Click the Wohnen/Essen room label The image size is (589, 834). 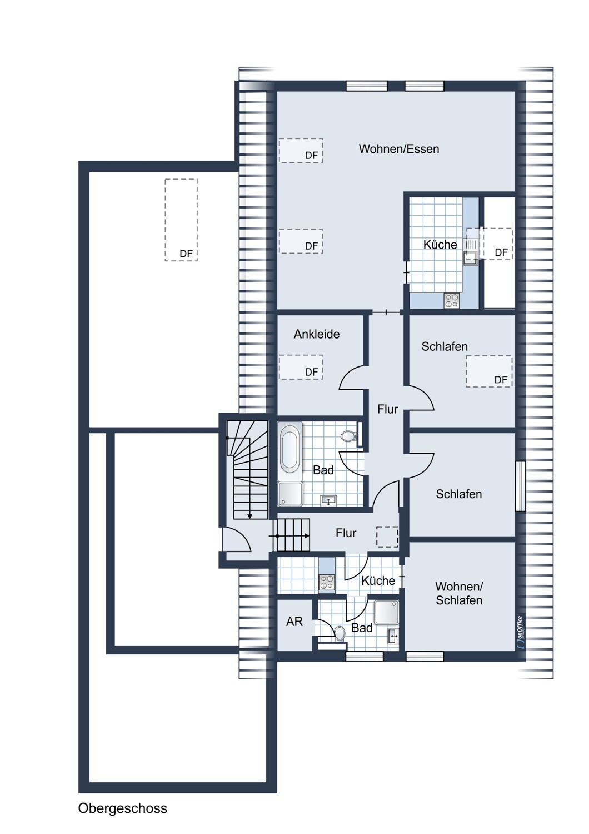pyautogui.click(x=398, y=149)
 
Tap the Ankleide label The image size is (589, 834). pyautogui.click(x=316, y=334)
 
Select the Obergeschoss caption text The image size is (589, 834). pyautogui.click(x=122, y=808)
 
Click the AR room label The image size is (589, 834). pyautogui.click(x=294, y=622)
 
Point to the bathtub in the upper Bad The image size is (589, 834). pyautogui.click(x=290, y=449)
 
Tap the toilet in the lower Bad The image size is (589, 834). pyautogui.click(x=338, y=632)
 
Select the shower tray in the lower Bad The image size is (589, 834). pyautogui.click(x=386, y=612)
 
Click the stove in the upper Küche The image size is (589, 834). pyautogui.click(x=451, y=301)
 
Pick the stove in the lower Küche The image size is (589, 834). pyautogui.click(x=326, y=582)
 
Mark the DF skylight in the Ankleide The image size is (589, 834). pyautogui.click(x=301, y=368)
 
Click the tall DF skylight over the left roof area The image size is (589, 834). pyautogui.click(x=181, y=220)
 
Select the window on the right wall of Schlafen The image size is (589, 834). pyautogui.click(x=520, y=486)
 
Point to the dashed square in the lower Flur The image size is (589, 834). pyautogui.click(x=387, y=537)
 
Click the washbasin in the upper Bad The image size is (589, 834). pyautogui.click(x=328, y=501)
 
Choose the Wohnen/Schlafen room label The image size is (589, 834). pyautogui.click(x=458, y=593)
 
